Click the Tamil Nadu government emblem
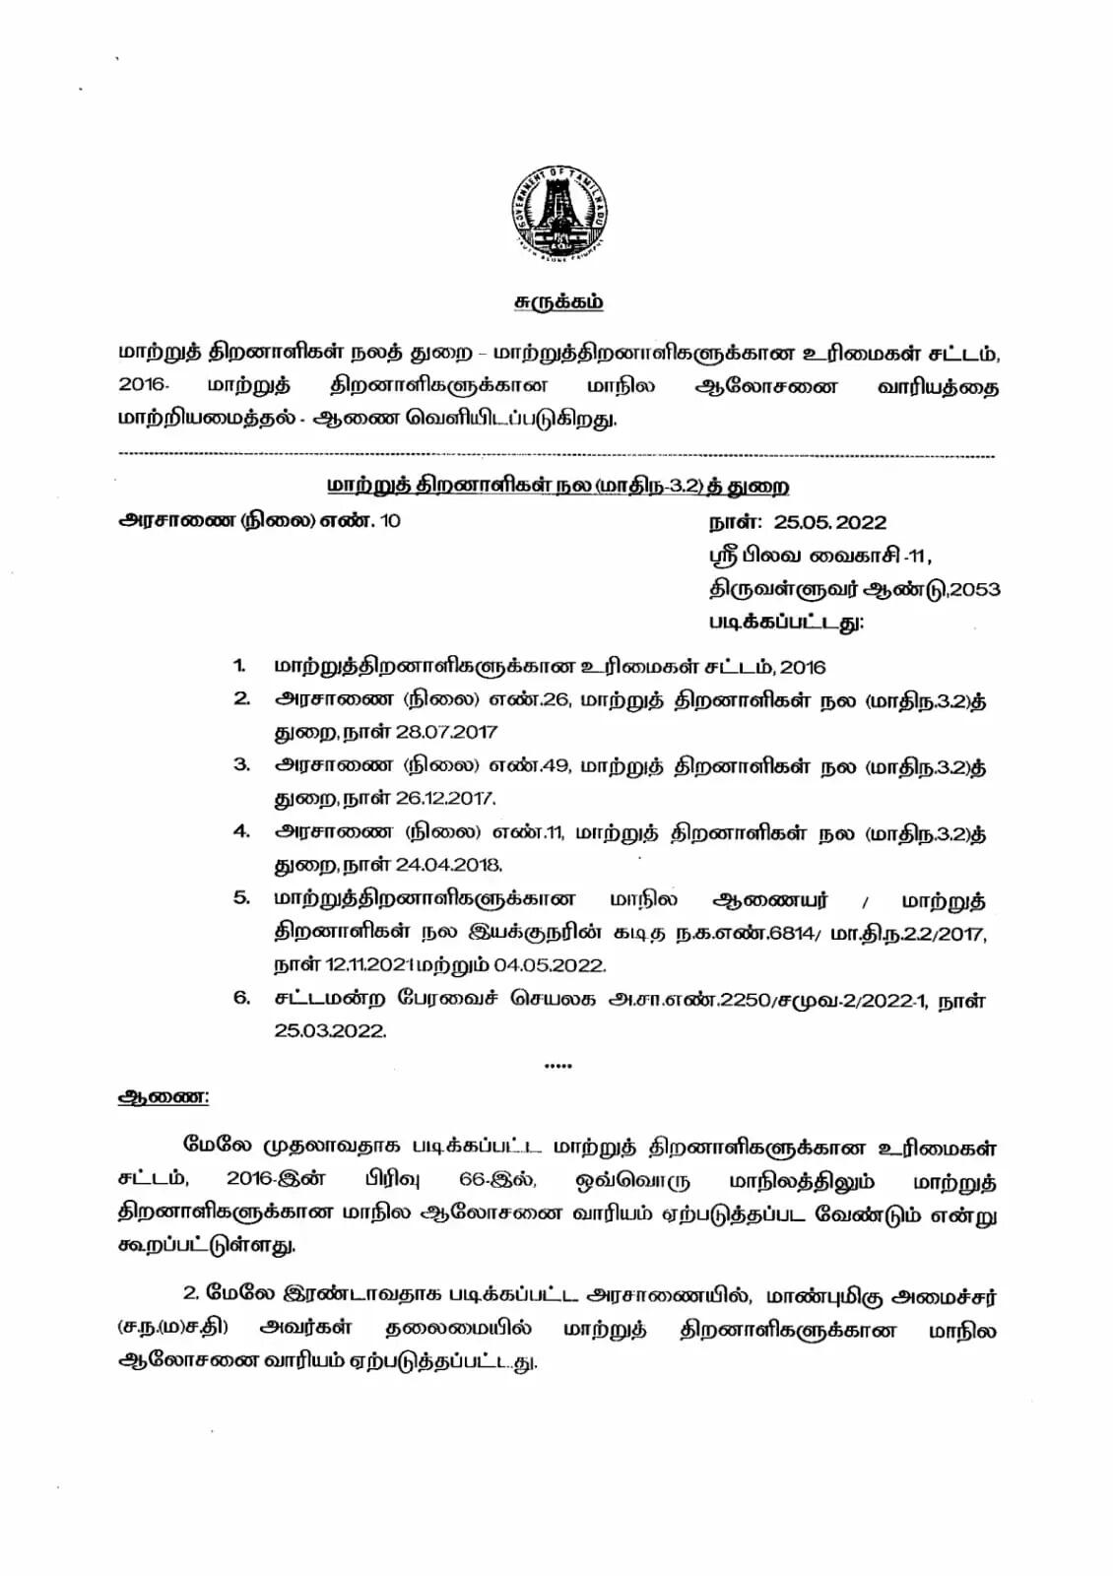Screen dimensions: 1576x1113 tap(556, 210)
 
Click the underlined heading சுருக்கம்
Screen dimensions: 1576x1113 tap(558, 302)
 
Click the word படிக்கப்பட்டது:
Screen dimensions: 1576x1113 tap(787, 623)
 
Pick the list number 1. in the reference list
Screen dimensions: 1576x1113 tap(240, 666)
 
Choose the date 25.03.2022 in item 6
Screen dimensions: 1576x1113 tap(330, 1031)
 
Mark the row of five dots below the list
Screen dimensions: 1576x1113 tap(557, 1066)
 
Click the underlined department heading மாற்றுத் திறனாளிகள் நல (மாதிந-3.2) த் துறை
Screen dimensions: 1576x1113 tap(557, 487)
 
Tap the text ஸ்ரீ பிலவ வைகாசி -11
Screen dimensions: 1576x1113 tap(820, 557)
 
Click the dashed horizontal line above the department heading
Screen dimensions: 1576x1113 tap(556, 456)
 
